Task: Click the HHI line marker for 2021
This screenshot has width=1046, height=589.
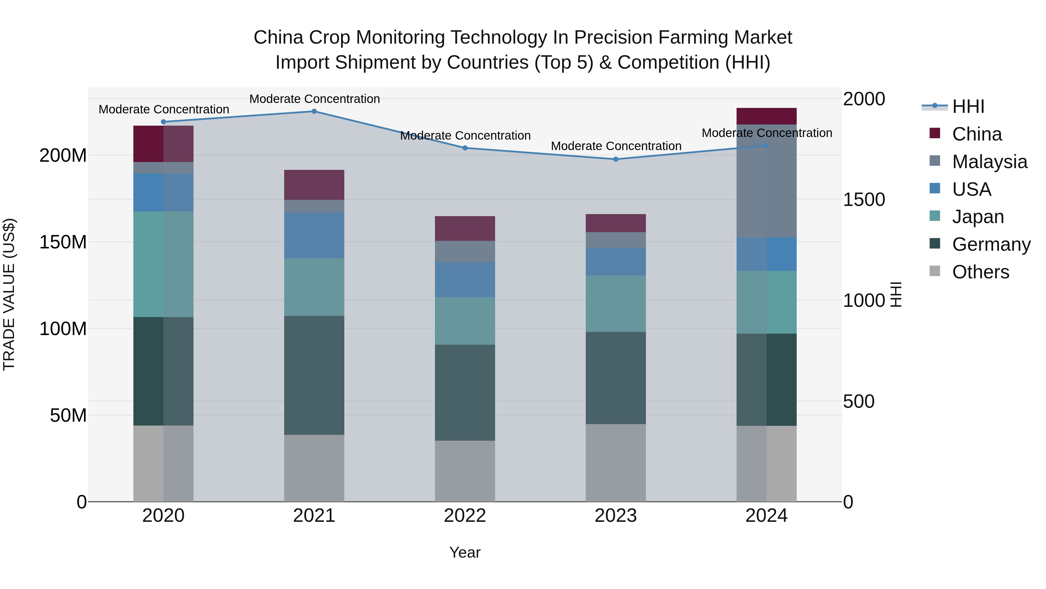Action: pyautogui.click(x=314, y=111)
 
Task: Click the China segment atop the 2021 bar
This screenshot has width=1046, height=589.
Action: pyautogui.click(x=314, y=185)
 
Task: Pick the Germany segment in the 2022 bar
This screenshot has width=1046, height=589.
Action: pyautogui.click(x=465, y=392)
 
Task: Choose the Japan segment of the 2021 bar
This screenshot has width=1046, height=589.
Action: pyautogui.click(x=314, y=287)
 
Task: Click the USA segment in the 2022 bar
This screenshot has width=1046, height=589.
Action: pyautogui.click(x=465, y=280)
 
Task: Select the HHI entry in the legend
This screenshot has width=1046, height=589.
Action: pyautogui.click(x=968, y=106)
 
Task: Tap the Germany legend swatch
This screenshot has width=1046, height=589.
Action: pyautogui.click(x=935, y=244)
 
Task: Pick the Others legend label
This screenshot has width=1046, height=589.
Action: pyautogui.click(x=980, y=272)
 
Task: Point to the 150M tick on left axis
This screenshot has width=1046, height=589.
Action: pyautogui.click(x=63, y=242)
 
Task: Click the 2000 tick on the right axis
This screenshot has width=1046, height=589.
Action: pyautogui.click(x=864, y=99)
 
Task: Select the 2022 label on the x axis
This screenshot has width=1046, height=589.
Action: pyautogui.click(x=465, y=516)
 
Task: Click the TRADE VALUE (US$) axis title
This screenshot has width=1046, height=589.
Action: pyautogui.click(x=9, y=294)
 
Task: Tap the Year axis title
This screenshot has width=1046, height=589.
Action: pyautogui.click(x=465, y=552)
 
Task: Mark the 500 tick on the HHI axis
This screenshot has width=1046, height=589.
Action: pyautogui.click(x=858, y=402)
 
